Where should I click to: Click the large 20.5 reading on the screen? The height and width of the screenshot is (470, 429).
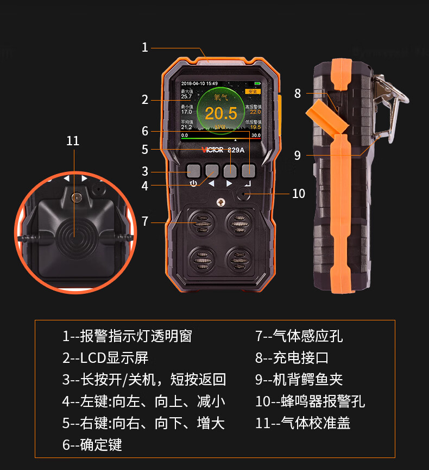pyautogui.click(x=221, y=114)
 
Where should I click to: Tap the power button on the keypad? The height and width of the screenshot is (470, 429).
pyautogui.click(x=193, y=171)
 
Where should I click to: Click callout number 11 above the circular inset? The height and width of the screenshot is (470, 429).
pyautogui.click(x=73, y=141)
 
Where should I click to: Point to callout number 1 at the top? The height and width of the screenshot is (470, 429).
pyautogui.click(x=145, y=47)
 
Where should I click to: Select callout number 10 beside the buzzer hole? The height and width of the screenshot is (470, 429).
pyautogui.click(x=299, y=194)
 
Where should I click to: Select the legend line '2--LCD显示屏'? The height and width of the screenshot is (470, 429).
pyautogui.click(x=105, y=358)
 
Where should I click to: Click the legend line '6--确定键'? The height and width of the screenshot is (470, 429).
pyautogui.click(x=92, y=444)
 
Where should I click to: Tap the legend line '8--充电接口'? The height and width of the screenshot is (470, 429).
pyautogui.click(x=292, y=358)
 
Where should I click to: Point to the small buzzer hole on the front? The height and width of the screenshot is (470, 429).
pyautogui.click(x=243, y=194)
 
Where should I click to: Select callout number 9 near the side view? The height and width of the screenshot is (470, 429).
pyautogui.click(x=297, y=155)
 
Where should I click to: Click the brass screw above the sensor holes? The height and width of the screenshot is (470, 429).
pyautogui.click(x=220, y=202)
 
